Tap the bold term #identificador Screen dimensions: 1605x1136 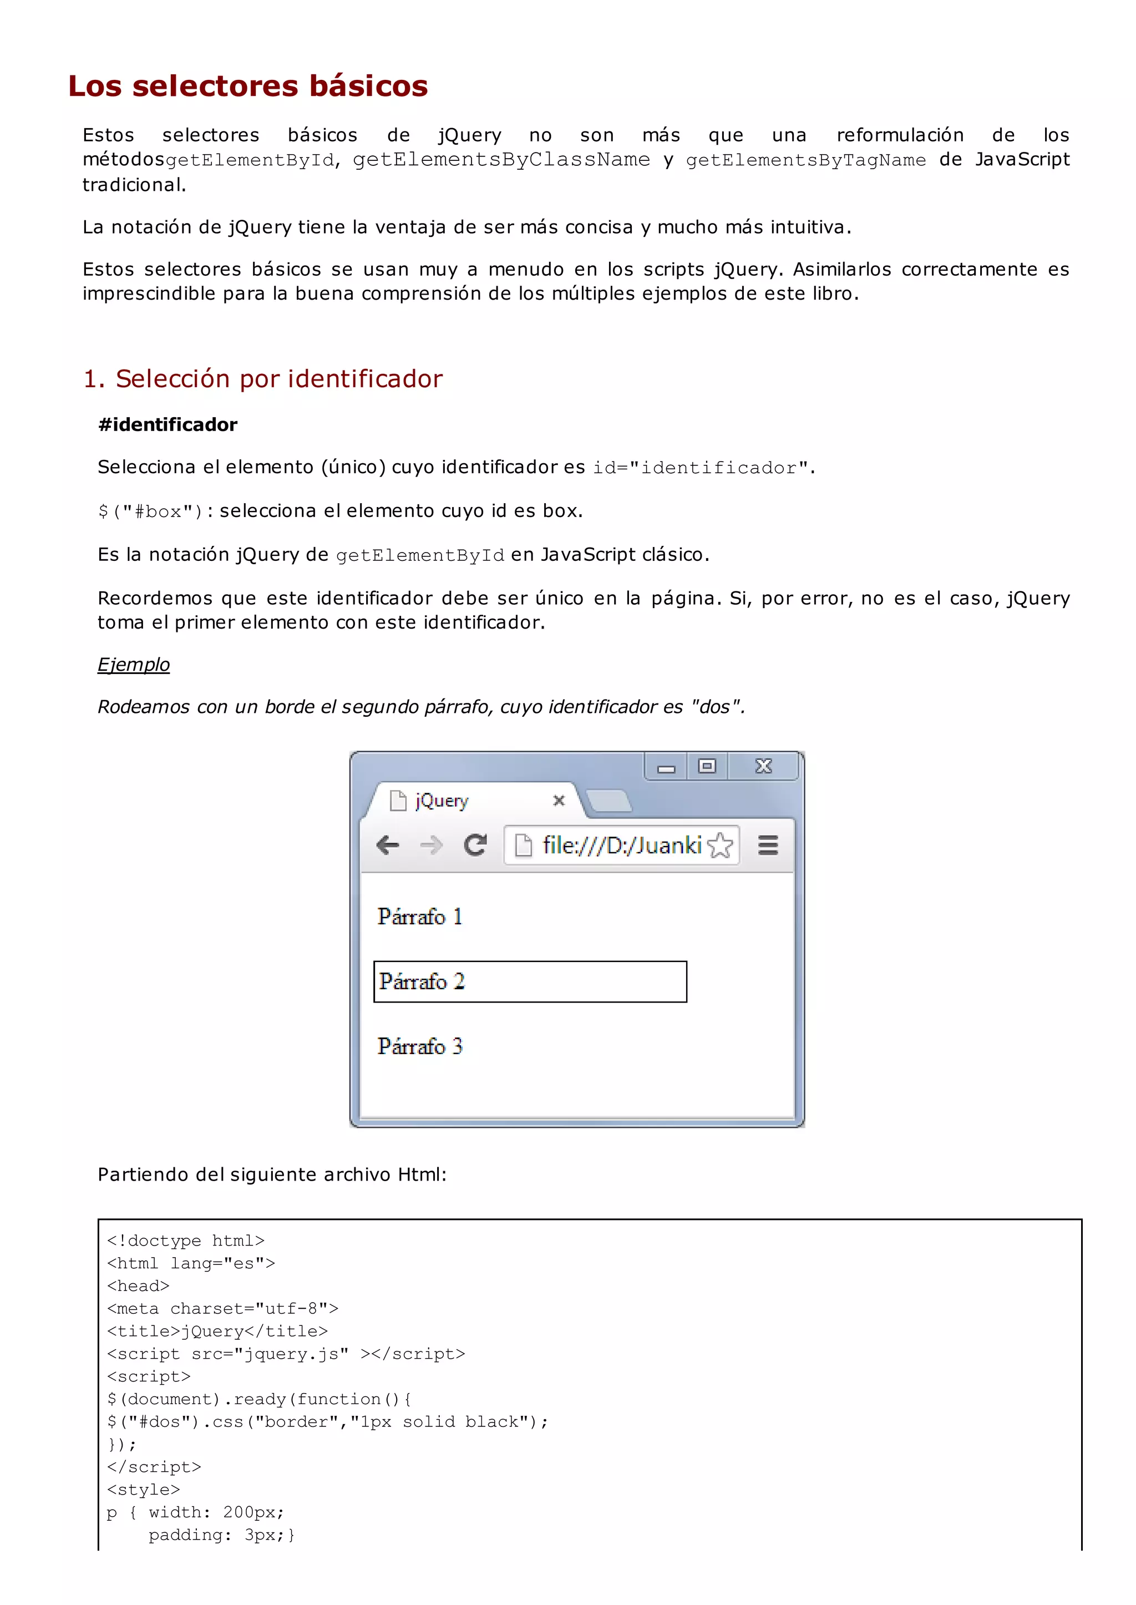click(168, 424)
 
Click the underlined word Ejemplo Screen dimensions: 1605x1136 click(134, 664)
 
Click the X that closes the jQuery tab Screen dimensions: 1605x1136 click(558, 801)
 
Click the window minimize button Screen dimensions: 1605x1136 click(666, 767)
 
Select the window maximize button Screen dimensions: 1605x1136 click(707, 766)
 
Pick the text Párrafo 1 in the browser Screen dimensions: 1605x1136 click(420, 917)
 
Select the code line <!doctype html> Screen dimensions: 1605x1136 click(186, 1241)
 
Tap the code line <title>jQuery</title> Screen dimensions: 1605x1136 click(217, 1331)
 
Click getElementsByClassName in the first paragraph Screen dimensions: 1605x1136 click(501, 160)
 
